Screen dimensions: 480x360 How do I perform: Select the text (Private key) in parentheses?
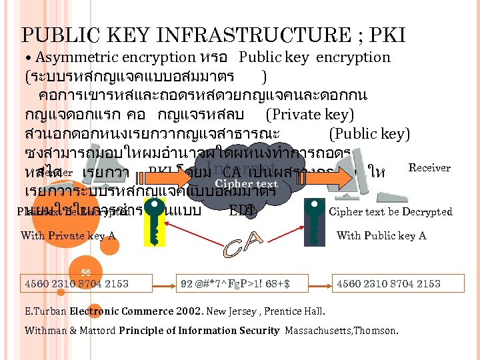[x=309, y=114]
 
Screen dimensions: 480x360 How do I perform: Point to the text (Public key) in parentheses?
[x=369, y=134]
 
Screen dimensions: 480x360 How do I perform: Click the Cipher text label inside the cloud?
[x=246, y=184]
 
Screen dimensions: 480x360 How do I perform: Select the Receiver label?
[x=429, y=168]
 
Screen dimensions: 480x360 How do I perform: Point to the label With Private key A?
[x=68, y=235]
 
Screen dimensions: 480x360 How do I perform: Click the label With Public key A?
[x=381, y=235]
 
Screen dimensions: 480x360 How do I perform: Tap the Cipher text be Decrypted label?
[x=391, y=212]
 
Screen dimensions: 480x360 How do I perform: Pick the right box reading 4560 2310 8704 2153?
[x=389, y=284]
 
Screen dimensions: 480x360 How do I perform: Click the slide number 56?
[x=85, y=273]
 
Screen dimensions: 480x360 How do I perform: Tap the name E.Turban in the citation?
[x=45, y=311]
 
